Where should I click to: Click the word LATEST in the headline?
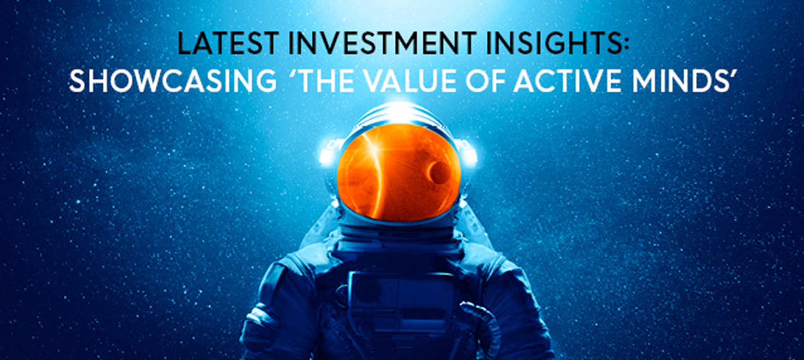(228, 43)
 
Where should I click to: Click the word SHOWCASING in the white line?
(173, 81)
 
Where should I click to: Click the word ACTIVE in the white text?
(567, 81)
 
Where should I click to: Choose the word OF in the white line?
(485, 81)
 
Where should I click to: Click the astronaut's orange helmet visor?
(399, 172)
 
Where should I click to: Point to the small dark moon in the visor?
(438, 172)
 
